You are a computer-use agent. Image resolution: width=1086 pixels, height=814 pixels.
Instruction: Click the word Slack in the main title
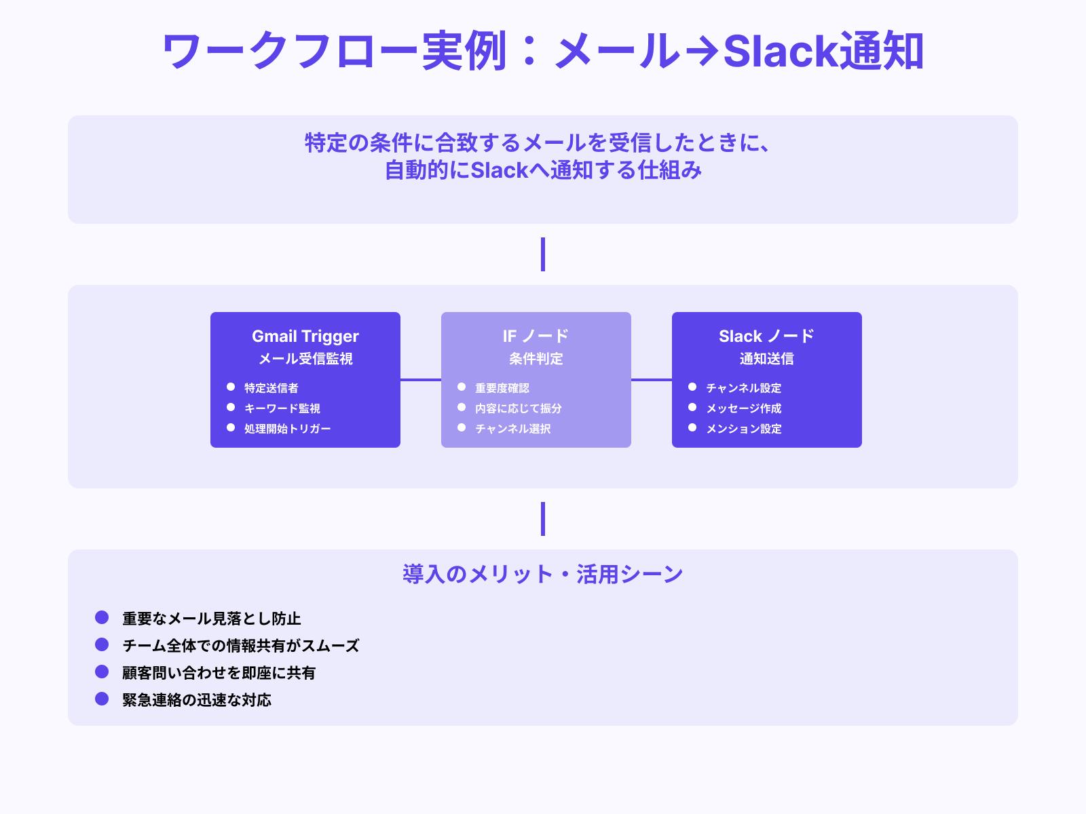tap(781, 52)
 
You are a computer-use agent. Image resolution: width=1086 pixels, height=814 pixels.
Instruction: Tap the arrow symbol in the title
tap(701, 52)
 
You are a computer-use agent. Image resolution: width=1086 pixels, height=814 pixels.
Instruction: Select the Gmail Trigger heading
tap(305, 336)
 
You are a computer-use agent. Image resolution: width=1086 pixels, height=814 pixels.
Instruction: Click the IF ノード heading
tap(536, 336)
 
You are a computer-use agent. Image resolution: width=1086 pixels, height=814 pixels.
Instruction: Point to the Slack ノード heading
tap(766, 336)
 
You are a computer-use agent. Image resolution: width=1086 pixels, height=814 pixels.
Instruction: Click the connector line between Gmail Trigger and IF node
tap(421, 380)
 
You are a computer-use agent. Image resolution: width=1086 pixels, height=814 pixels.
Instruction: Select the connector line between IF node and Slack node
tap(652, 380)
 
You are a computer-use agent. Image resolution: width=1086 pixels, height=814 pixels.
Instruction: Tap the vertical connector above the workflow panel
tap(543, 254)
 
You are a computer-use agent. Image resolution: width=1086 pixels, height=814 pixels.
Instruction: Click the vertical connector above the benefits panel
tap(543, 519)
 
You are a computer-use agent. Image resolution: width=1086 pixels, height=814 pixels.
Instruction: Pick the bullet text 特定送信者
tap(271, 388)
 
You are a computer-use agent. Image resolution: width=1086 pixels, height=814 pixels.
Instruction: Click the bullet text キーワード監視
tap(282, 408)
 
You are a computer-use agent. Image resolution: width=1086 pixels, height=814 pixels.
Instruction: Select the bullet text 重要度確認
tap(502, 388)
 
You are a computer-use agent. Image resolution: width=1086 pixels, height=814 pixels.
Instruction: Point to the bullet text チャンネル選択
tap(513, 429)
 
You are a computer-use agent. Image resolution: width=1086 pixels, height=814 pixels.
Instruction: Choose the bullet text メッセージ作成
tap(744, 408)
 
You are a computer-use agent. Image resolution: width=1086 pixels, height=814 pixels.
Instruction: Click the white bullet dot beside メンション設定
tap(692, 428)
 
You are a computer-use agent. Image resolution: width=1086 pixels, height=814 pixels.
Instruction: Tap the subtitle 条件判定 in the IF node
tap(536, 359)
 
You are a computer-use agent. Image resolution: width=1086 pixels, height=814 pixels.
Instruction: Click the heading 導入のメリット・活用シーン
tap(543, 575)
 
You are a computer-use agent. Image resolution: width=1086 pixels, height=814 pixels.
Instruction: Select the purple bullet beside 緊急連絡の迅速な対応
tap(102, 699)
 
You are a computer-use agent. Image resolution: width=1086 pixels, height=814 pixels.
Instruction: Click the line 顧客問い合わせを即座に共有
tap(219, 673)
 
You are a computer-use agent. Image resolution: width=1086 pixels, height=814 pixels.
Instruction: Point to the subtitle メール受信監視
tap(305, 359)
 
